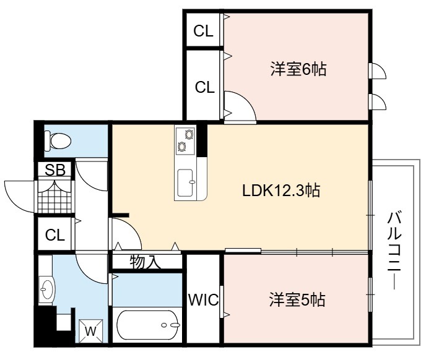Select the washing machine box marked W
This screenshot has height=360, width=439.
click(91, 331)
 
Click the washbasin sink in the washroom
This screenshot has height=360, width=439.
click(46, 289)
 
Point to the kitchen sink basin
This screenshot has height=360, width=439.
click(186, 182)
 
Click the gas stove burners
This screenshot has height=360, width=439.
click(186, 140)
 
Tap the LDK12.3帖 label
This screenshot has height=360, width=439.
click(281, 191)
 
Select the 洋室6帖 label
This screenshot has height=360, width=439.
click(298, 69)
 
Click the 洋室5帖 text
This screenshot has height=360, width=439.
click(297, 299)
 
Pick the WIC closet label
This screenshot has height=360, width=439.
click(203, 300)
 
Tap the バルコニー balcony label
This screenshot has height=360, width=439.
click(394, 251)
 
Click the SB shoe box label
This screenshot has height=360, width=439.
click(56, 169)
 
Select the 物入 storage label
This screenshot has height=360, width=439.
click(146, 262)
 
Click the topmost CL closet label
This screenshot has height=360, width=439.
click(203, 31)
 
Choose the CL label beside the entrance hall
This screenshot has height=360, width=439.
click(55, 235)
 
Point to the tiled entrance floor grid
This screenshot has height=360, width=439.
click(54, 197)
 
